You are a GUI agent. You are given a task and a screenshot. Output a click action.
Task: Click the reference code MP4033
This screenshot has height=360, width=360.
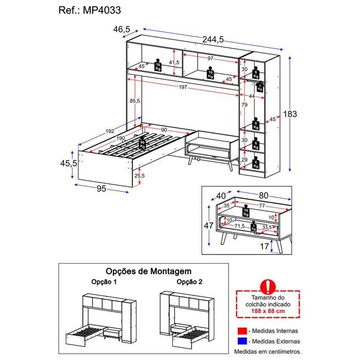[102, 10]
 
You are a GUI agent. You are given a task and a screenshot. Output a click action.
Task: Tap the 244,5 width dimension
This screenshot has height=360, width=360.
[213, 40]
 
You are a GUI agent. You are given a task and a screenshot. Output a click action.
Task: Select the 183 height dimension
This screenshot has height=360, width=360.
[290, 114]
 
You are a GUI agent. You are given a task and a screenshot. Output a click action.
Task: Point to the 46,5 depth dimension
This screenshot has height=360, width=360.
[121, 29]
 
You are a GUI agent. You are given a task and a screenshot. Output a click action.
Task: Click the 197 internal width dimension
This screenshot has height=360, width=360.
[183, 87]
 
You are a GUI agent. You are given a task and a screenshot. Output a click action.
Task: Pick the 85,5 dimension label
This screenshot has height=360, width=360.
[135, 100]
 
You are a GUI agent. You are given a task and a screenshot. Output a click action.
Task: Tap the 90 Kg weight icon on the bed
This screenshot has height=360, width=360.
[143, 143]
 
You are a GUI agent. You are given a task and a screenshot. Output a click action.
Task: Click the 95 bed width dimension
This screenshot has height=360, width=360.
[101, 189]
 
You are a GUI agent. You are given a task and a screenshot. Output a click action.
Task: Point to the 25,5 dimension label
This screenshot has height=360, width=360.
[139, 175]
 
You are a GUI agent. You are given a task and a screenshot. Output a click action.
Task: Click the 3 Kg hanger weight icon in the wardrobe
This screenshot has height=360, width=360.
[260, 87]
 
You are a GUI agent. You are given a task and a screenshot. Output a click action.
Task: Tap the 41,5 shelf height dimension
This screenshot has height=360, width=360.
[174, 62]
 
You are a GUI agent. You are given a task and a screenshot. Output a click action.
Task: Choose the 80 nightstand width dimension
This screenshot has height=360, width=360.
[264, 195]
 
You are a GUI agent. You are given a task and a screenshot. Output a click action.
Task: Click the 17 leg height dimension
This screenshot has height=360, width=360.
[264, 246]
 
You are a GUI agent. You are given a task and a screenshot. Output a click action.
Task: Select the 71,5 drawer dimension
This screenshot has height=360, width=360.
[239, 226]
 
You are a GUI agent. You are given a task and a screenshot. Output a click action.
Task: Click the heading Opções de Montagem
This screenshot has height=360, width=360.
[148, 271]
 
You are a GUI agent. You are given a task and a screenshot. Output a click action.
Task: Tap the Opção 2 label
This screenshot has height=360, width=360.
[189, 282]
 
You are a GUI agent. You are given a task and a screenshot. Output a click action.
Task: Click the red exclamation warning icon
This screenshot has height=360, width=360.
[268, 287]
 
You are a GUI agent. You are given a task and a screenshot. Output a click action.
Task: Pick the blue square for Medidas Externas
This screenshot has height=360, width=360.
[242, 341]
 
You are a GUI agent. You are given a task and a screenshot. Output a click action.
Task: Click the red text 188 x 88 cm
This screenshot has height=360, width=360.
[268, 311]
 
